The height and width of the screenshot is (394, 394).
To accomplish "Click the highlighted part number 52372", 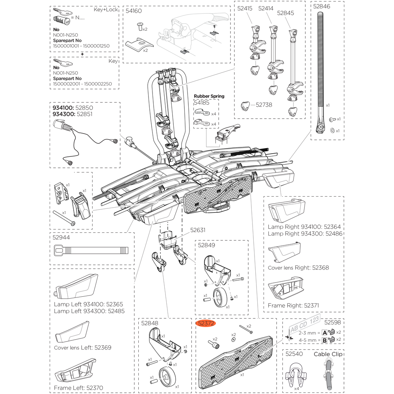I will click(x=206, y=323).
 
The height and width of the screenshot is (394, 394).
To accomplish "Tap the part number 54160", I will click(x=134, y=11).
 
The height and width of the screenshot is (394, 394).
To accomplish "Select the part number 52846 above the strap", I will click(x=322, y=6).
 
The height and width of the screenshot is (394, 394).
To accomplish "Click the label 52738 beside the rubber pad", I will click(x=264, y=105).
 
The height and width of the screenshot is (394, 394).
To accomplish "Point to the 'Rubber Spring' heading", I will click(x=209, y=96).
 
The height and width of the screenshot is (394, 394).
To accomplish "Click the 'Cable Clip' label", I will click(x=328, y=354).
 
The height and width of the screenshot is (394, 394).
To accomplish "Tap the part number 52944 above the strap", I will click(x=61, y=238).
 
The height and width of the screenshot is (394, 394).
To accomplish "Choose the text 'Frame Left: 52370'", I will click(x=78, y=388).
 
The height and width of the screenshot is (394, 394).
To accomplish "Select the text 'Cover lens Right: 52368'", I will click(x=298, y=268).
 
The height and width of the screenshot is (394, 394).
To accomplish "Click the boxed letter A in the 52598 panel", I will click(x=325, y=332).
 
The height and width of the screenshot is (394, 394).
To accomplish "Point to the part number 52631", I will click(x=198, y=230).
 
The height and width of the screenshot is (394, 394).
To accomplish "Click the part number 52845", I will click(x=285, y=13).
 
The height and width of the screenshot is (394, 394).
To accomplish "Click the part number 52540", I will click(x=294, y=354).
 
